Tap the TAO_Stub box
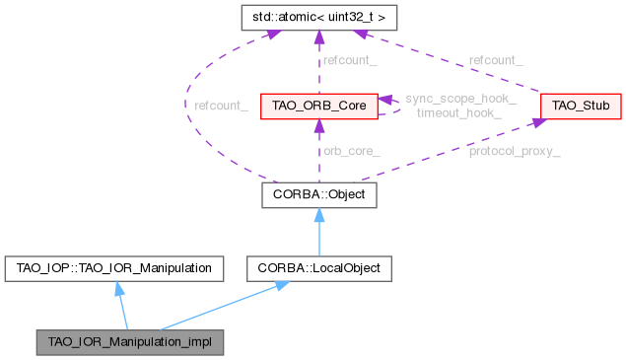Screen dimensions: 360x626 (x=579, y=106)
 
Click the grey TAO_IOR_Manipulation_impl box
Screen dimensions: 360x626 (x=129, y=342)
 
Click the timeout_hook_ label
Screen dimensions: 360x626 (x=459, y=113)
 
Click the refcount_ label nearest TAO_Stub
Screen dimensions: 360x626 (x=496, y=61)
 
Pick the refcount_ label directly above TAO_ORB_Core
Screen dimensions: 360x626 (x=349, y=61)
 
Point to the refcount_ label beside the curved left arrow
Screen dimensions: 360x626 (x=221, y=105)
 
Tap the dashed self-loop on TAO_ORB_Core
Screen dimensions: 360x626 (x=393, y=106)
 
